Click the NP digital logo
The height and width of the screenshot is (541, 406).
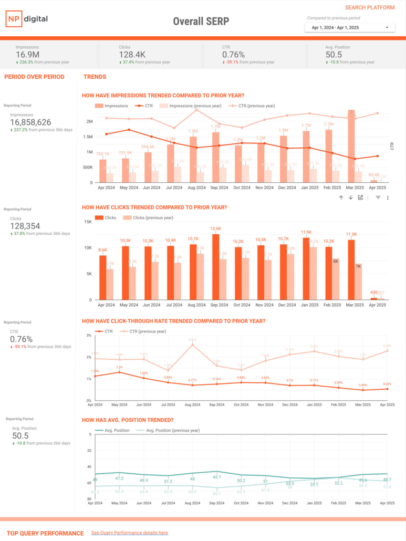point(27,19)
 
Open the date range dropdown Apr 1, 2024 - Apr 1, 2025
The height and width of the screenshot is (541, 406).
point(350,27)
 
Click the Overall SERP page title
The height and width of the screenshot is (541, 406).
point(201,22)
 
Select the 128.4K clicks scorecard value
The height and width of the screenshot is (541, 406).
point(132,55)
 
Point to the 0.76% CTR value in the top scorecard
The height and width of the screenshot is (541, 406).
point(233,55)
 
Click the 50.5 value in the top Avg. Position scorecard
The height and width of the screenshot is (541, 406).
point(334,55)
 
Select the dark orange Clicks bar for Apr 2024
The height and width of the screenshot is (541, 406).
point(102,277)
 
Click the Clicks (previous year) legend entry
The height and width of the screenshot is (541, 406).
point(144,217)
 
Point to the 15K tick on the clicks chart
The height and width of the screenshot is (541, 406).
point(88,222)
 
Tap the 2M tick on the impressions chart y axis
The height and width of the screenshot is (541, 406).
point(89,121)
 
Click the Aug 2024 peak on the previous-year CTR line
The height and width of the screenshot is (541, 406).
point(193,345)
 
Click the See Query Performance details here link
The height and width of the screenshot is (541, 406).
point(129,533)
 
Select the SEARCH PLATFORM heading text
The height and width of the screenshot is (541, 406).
point(370,8)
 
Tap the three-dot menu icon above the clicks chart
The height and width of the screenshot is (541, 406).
point(388,197)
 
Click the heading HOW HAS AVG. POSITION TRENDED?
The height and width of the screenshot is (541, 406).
point(128,420)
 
